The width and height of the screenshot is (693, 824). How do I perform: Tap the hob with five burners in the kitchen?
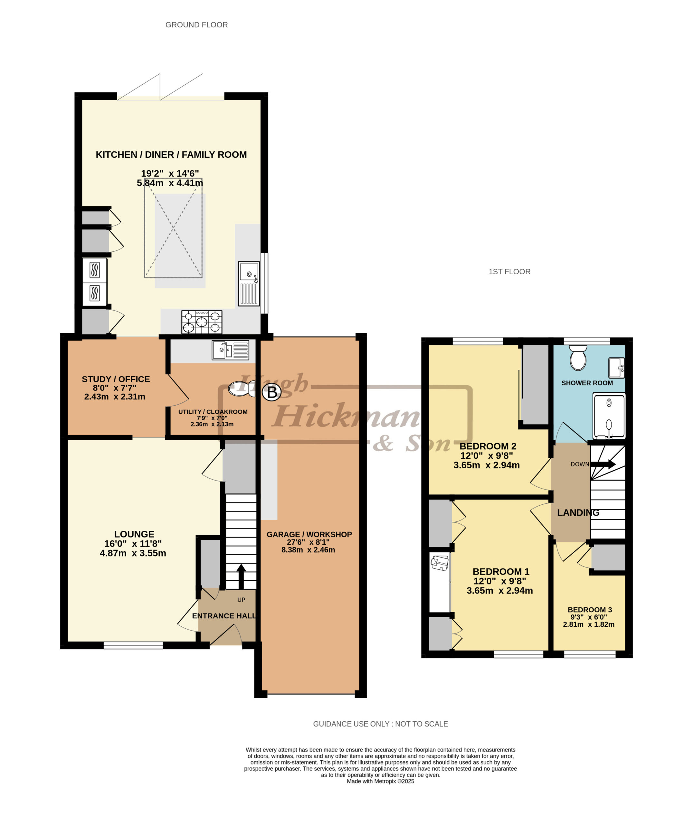(x=202, y=322)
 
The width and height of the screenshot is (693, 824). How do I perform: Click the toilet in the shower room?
(x=578, y=358)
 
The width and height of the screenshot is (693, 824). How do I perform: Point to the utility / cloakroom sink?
(x=230, y=350)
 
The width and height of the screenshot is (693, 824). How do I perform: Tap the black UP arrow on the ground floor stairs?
(x=241, y=576)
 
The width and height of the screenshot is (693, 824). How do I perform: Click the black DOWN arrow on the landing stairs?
(x=603, y=464)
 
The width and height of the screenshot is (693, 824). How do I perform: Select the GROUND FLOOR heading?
(x=196, y=25)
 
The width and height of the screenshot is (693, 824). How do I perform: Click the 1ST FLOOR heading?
(x=509, y=272)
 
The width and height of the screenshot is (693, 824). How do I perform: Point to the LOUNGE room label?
(x=134, y=534)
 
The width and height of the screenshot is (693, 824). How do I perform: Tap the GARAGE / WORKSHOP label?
(x=309, y=534)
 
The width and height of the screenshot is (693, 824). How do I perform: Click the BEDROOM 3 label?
(x=590, y=610)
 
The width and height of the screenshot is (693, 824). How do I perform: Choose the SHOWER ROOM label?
(x=587, y=383)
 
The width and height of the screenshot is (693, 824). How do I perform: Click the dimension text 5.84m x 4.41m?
(x=170, y=183)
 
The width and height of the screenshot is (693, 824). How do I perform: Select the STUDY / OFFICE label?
(x=116, y=379)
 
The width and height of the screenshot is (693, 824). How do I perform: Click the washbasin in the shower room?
(x=616, y=368)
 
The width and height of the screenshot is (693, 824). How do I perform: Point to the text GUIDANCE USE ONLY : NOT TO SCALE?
(x=380, y=724)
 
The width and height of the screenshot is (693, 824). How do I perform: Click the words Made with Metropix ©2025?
(x=380, y=781)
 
